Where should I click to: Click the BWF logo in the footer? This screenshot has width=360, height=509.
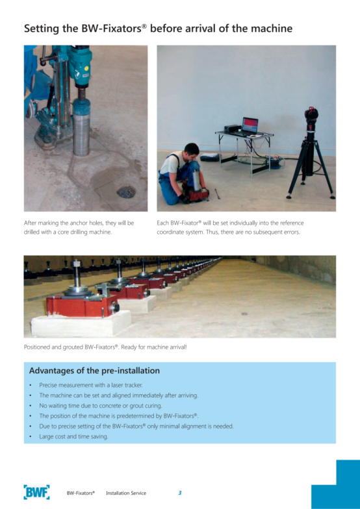point(36,492)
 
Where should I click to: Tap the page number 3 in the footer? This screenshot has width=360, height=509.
point(179,493)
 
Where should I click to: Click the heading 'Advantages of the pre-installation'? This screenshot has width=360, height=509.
point(94,370)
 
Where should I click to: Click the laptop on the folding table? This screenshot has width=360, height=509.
point(250,125)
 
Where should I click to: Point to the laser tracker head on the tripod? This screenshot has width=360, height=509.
point(311,116)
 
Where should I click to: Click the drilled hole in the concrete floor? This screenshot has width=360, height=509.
point(126,192)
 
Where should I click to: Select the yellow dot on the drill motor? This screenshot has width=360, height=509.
point(86,68)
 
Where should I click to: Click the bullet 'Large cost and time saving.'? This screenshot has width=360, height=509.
point(74,436)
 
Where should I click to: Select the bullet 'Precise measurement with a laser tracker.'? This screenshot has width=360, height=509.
point(91,385)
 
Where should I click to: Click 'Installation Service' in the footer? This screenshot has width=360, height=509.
point(126,493)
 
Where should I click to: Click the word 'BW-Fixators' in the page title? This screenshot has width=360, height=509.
point(111,29)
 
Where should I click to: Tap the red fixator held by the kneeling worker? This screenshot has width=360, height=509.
point(195,193)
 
